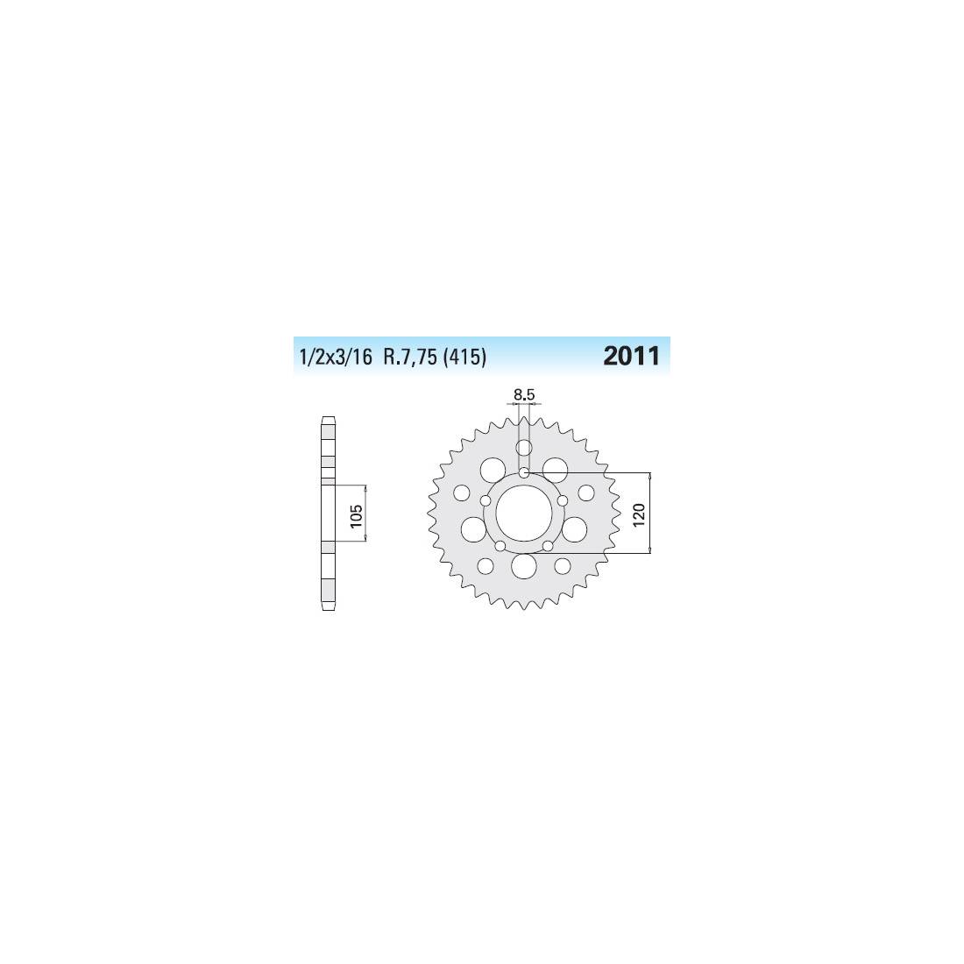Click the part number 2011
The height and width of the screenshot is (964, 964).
click(631, 356)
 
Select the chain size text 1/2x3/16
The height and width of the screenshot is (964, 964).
click(336, 357)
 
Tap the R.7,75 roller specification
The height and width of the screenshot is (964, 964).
click(410, 357)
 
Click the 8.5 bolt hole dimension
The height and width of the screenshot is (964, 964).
click(524, 395)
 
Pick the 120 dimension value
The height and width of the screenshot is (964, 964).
click(639, 514)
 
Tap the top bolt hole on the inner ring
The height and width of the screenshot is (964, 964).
click(524, 472)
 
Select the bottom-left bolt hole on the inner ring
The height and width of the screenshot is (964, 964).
click(500, 546)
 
